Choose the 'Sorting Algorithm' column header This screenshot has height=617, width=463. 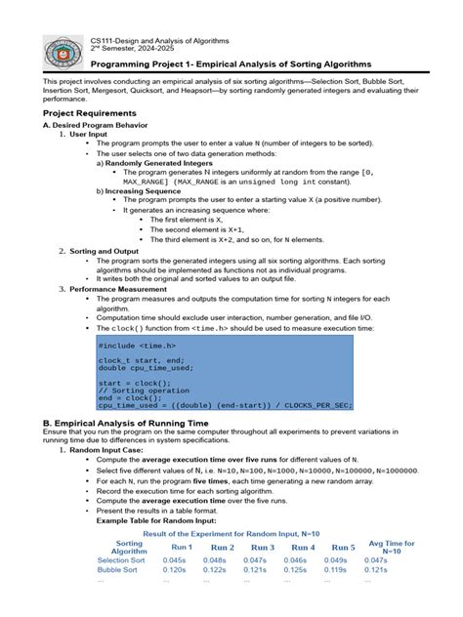click(x=129, y=548)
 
